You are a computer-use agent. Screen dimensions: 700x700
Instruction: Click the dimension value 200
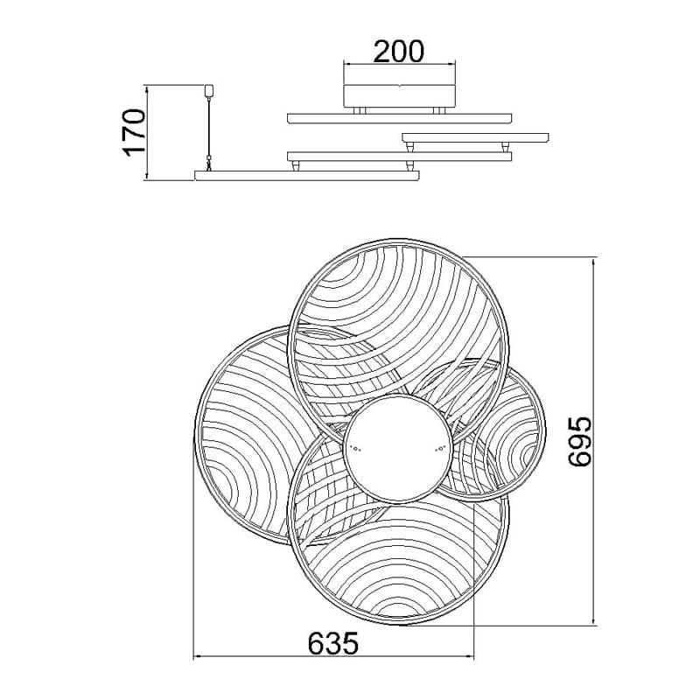point(398,52)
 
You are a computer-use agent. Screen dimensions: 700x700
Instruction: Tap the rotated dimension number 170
point(135,132)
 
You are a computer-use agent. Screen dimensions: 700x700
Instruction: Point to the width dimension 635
point(333,643)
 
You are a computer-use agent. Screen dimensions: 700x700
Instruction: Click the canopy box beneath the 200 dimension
point(400,95)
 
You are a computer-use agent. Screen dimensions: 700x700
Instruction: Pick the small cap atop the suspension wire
point(208,90)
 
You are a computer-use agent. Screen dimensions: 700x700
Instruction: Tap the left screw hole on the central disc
point(356,449)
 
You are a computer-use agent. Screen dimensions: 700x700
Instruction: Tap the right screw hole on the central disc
point(441,449)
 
